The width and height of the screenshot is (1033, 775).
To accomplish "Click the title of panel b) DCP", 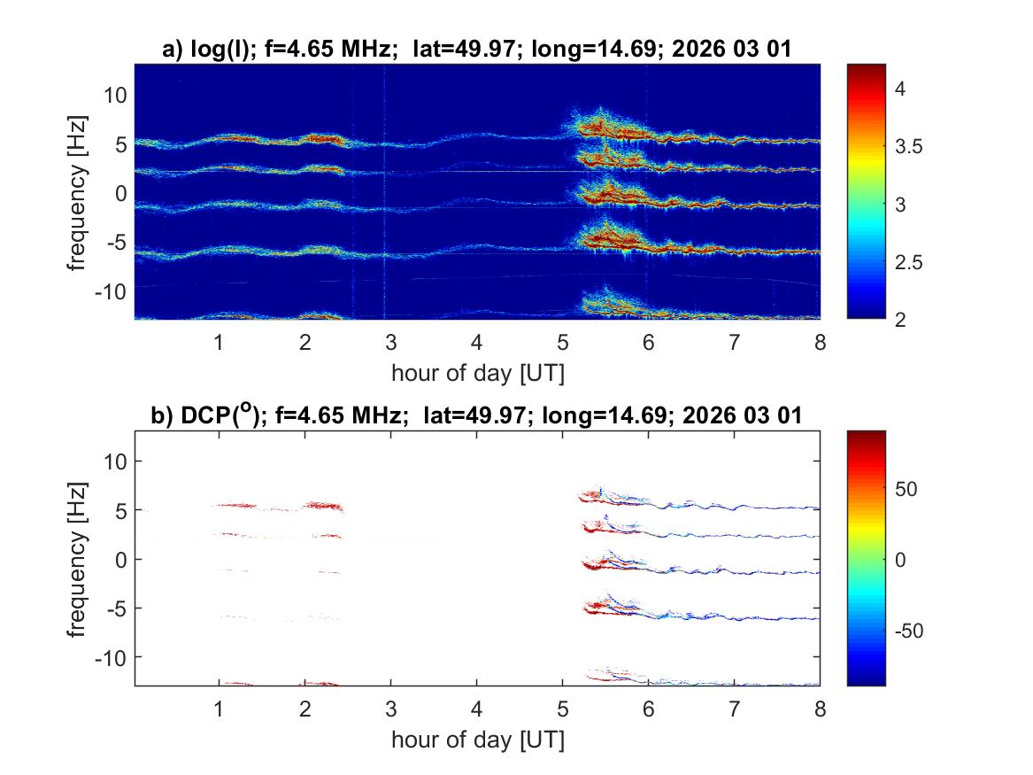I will pos(476,415).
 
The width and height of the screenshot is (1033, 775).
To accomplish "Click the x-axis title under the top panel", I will pos(477,373).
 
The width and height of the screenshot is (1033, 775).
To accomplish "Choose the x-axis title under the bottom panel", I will pos(477,740).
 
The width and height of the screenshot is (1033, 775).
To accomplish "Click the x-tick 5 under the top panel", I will pos(562,343).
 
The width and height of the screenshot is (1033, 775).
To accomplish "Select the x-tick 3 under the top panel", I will pos(390,343).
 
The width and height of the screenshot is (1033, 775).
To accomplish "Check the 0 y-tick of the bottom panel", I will pos(123,559).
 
